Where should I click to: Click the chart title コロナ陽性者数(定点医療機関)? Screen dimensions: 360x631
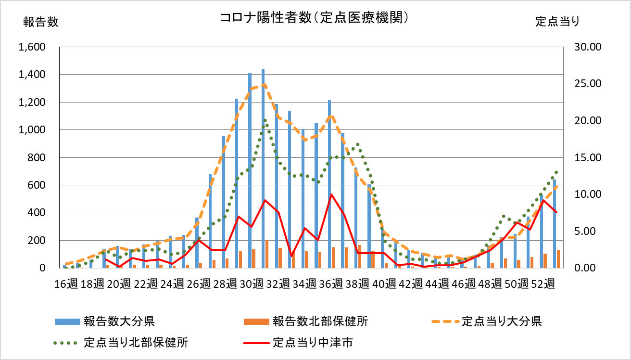(x=315, y=18)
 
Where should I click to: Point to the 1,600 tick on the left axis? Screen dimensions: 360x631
(x=31, y=47)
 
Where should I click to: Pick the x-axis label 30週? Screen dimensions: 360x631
(x=251, y=283)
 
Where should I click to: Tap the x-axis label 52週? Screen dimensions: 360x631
(x=543, y=283)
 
